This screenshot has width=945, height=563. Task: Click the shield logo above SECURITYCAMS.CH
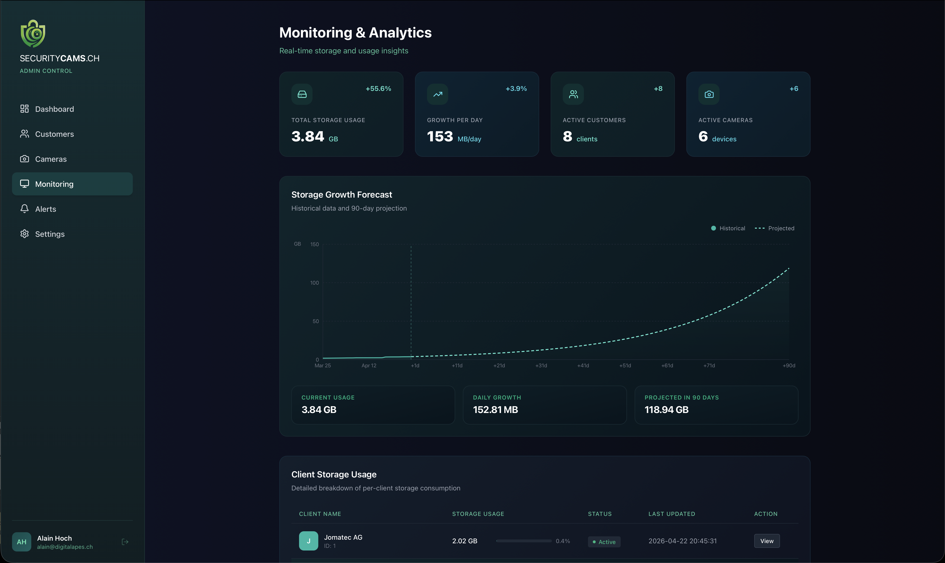(33, 34)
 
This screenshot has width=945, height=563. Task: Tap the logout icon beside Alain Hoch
(125, 542)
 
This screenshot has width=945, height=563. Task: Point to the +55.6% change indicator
(378, 89)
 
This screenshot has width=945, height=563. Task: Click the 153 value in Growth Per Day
(440, 137)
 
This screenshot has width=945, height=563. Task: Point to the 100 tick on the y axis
(314, 283)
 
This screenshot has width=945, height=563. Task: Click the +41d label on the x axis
(583, 366)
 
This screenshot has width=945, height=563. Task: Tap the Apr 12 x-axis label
(369, 366)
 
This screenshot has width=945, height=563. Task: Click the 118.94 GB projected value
(666, 410)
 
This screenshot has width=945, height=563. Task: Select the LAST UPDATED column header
(671, 514)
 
